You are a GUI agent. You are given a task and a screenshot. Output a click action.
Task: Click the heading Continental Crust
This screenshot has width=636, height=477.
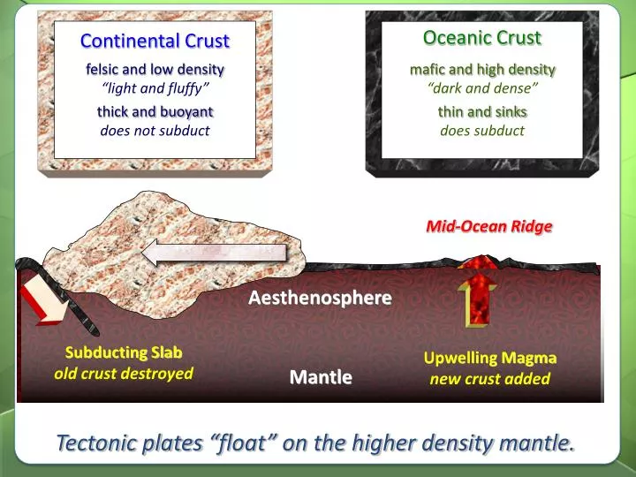[155, 41]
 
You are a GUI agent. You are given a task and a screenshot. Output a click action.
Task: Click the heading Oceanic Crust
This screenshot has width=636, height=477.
[481, 37]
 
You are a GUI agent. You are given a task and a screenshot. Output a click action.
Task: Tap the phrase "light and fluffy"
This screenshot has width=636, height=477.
[155, 87]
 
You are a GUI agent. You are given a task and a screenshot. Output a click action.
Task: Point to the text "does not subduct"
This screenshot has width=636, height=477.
[155, 131]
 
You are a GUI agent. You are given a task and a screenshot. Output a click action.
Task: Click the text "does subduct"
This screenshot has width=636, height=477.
[482, 131]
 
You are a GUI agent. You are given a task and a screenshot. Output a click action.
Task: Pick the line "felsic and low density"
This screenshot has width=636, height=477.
[155, 69]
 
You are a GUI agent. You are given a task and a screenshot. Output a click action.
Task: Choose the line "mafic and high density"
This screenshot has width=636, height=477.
[482, 69]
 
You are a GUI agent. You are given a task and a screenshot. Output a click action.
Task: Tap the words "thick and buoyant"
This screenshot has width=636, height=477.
[155, 111]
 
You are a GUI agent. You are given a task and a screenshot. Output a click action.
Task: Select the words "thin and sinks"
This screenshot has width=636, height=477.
[482, 111]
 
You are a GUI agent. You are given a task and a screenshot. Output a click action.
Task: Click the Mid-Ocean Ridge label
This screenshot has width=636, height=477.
[488, 226]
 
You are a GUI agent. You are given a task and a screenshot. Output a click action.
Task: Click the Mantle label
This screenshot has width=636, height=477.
[321, 377]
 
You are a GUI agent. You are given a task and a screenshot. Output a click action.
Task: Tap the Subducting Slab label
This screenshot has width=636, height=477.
[124, 352]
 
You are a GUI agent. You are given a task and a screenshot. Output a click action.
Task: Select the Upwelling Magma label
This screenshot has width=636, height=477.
[489, 358]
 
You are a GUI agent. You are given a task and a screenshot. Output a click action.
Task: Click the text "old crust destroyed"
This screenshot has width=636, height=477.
[124, 373]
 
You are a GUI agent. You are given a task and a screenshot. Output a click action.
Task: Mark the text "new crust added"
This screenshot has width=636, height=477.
[489, 379]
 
